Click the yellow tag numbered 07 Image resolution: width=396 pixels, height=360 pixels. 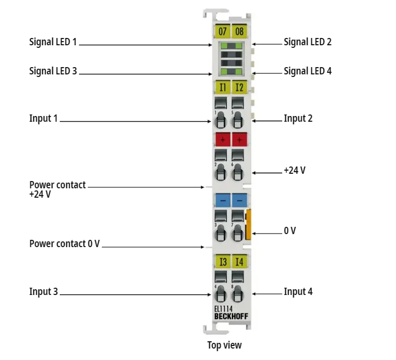point(222,32)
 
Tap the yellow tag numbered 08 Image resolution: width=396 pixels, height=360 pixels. point(239,32)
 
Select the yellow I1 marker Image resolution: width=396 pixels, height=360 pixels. point(222,87)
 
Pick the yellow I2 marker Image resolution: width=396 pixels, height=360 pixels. point(239,87)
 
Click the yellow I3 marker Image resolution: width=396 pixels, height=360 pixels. point(222,262)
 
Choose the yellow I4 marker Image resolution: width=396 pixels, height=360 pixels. point(239,262)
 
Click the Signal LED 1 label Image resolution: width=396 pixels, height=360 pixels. point(52,42)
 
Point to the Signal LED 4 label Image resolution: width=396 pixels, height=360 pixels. point(307,71)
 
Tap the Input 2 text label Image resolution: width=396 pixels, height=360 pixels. point(298,119)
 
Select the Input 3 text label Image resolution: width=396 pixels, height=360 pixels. point(43,292)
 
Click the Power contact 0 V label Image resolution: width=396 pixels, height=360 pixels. point(64,243)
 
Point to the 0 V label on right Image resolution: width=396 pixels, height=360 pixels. point(289,231)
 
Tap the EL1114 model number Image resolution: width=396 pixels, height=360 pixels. point(223,308)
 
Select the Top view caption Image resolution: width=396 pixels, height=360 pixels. point(225,345)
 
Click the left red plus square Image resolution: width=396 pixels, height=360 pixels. point(222,139)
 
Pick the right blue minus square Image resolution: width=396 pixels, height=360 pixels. point(239,200)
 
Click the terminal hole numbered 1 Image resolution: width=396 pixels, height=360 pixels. point(220,121)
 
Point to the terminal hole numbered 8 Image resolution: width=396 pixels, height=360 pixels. point(237,294)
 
